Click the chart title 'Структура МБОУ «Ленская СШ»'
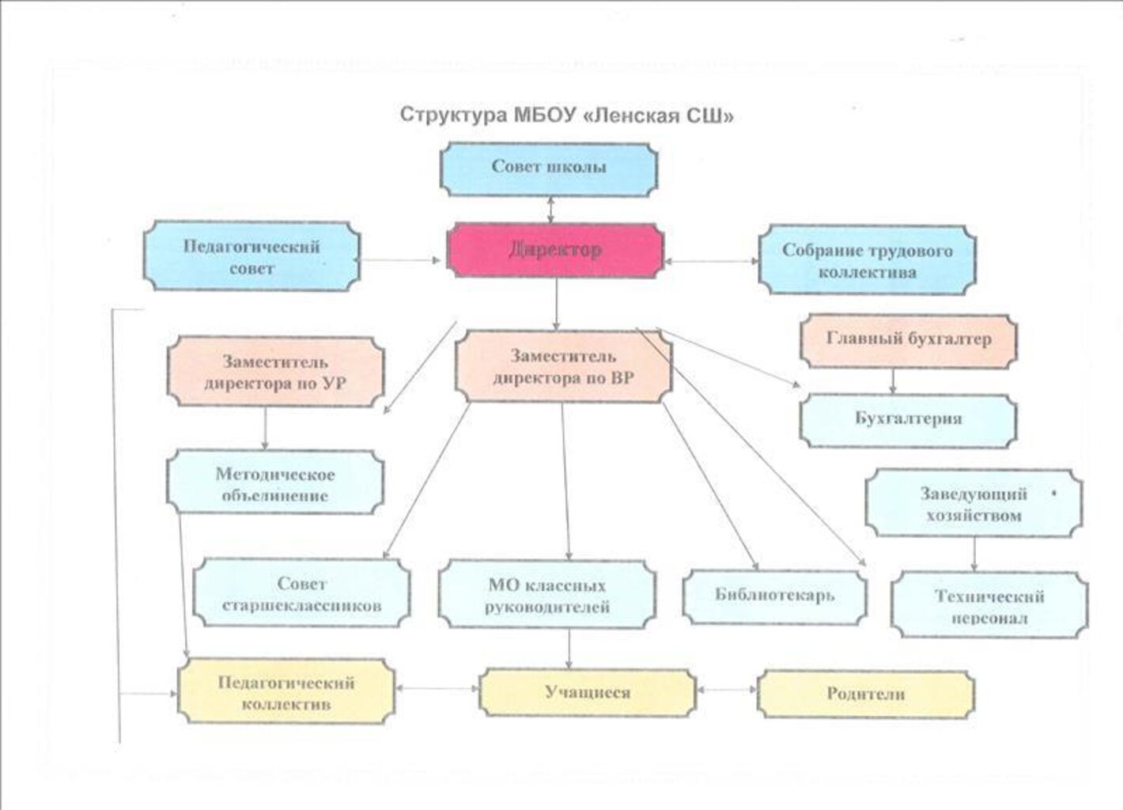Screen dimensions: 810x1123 click(x=566, y=115)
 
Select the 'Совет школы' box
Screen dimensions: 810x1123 click(x=548, y=168)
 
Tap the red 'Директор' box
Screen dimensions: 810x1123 click(x=554, y=250)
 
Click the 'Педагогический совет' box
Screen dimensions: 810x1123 click(x=251, y=256)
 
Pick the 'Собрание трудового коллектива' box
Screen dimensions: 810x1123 click(x=867, y=260)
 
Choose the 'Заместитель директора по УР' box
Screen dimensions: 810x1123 click(x=275, y=373)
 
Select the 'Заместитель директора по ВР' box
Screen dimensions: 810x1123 click(x=563, y=366)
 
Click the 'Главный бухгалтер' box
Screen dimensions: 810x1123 click(x=908, y=340)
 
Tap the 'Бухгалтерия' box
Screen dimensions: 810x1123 click(x=908, y=419)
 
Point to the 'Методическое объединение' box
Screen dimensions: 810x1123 click(x=274, y=484)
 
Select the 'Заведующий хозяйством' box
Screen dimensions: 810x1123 click(x=973, y=504)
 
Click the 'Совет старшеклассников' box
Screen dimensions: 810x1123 click(x=301, y=594)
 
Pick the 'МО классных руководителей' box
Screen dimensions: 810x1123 click(x=547, y=596)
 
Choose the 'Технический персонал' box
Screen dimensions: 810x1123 click(x=989, y=606)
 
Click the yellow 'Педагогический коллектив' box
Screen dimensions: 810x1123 click(x=285, y=692)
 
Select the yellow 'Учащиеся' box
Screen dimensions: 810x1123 click(x=588, y=692)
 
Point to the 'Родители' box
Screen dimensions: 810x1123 click(x=865, y=694)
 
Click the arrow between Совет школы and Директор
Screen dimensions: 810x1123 click(x=550, y=210)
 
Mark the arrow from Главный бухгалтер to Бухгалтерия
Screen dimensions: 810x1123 click(x=893, y=381)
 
